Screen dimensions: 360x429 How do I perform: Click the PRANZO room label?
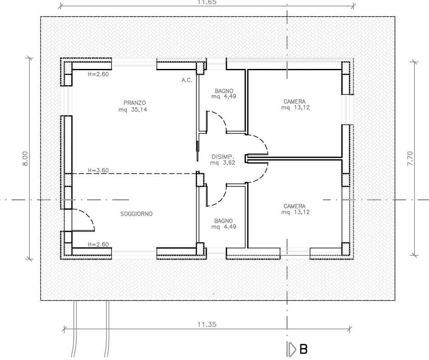tap(135, 103)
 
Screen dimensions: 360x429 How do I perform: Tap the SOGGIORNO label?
tap(136, 214)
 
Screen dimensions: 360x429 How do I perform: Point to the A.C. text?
tap(187, 80)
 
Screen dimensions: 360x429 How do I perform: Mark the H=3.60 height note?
tap(98, 170)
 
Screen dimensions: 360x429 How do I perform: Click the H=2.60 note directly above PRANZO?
tap(98, 74)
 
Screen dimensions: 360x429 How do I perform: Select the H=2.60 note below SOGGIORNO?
tap(98, 244)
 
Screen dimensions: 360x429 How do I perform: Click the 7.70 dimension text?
tap(410, 158)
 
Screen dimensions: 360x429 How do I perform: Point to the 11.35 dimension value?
tap(207, 324)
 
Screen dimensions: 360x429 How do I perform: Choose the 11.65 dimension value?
tap(207, 2)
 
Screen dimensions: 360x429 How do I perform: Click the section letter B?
tap(303, 349)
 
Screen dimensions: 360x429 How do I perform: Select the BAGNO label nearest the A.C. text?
tap(223, 91)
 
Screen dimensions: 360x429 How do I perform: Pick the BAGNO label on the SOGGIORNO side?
tap(223, 221)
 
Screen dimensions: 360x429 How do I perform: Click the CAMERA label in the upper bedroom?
tap(294, 102)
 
